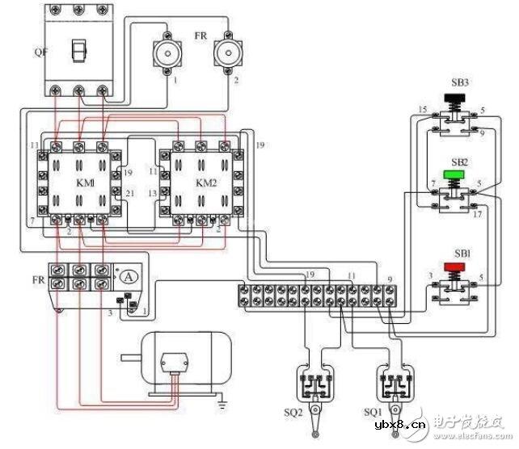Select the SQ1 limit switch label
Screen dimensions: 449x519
tap(373, 413)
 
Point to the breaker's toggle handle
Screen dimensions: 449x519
tap(78, 50)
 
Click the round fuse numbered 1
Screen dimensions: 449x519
tap(165, 53)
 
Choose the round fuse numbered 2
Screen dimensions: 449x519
tap(226, 53)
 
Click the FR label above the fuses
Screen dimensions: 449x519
tap(200, 38)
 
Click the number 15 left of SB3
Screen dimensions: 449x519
tap(422, 110)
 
